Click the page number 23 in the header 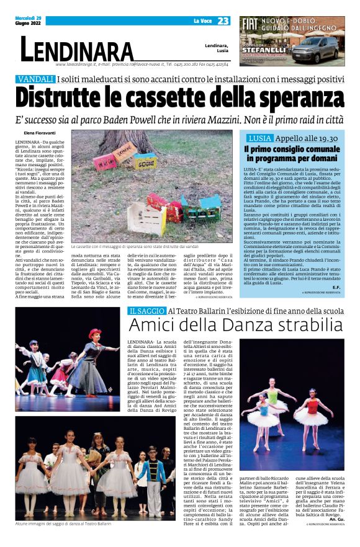click(223, 21)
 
